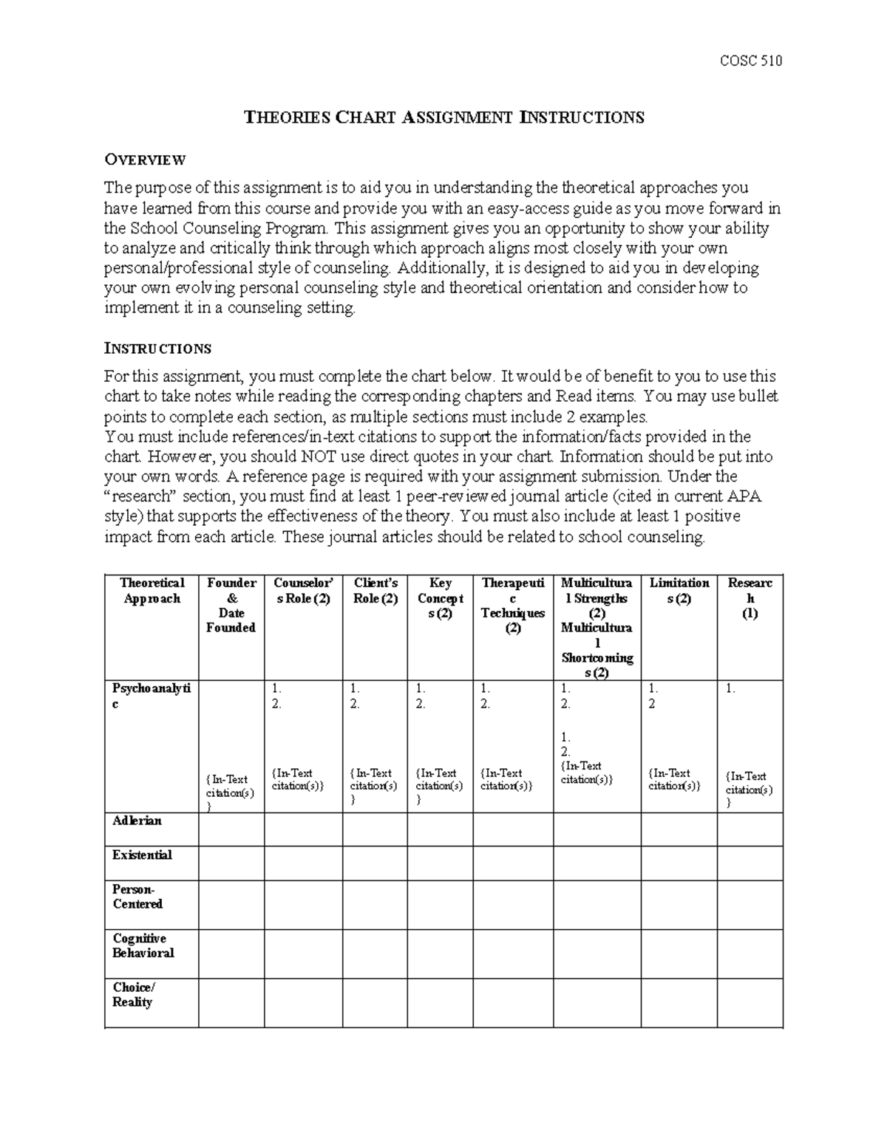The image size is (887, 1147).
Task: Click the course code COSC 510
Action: tap(750, 61)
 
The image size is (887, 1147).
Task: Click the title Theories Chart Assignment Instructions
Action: tap(444, 117)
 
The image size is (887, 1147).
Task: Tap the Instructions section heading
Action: tap(157, 349)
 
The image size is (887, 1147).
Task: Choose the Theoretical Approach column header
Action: tap(152, 591)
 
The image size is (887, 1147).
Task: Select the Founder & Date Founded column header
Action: tap(231, 606)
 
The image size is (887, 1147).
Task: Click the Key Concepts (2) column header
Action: tap(440, 598)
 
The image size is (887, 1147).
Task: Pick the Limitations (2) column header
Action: tap(679, 591)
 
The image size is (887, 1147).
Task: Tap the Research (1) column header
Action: tap(750, 598)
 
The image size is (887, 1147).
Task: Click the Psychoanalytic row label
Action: tap(152, 696)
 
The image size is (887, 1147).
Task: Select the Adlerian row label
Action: tap(137, 821)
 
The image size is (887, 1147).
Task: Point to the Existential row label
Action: tap(142, 855)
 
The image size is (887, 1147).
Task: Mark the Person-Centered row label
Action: tap(137, 897)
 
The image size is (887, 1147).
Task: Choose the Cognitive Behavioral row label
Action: tap(143, 946)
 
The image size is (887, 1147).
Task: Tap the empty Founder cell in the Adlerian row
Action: tap(231, 829)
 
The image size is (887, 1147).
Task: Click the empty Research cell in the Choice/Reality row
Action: tap(750, 1002)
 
